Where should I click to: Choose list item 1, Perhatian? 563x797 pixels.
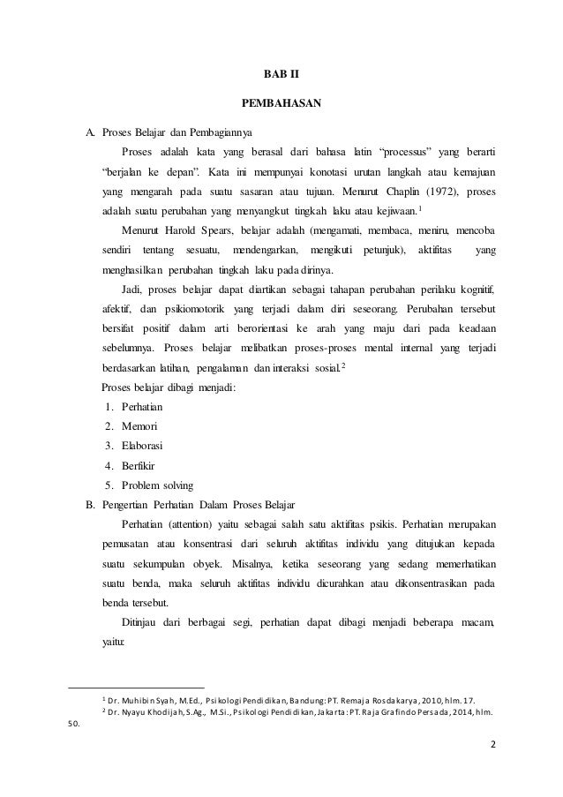(139, 408)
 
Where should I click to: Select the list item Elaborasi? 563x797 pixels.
(139, 446)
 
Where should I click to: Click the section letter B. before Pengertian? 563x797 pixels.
(89, 504)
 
